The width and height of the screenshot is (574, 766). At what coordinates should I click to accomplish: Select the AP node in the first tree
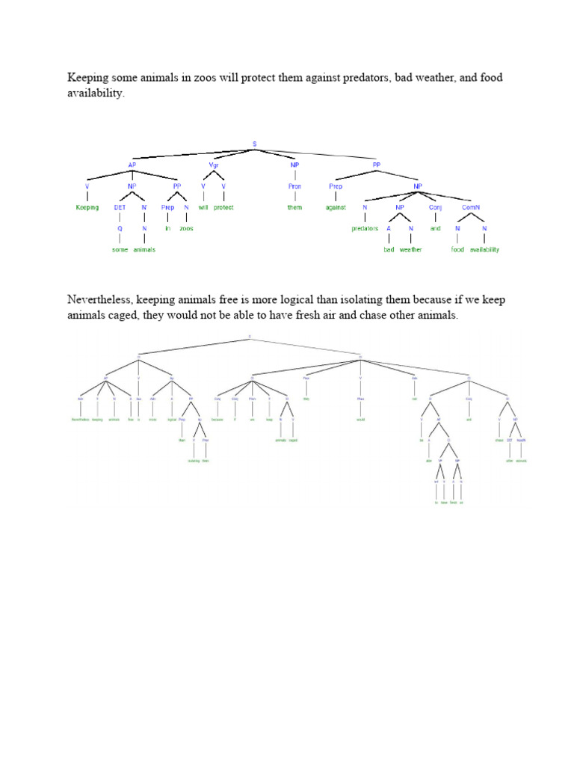(x=132, y=165)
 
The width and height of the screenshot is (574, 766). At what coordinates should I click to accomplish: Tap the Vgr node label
(x=213, y=165)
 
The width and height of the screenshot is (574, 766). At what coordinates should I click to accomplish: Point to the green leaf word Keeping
(x=87, y=207)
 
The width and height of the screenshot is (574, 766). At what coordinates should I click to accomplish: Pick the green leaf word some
(x=120, y=249)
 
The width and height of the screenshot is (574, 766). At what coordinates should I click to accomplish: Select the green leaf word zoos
(x=186, y=228)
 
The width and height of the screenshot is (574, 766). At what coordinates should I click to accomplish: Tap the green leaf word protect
(x=223, y=207)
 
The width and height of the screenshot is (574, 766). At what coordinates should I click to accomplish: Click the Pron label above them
(x=294, y=186)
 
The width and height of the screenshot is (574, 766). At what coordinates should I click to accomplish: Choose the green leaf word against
(x=336, y=207)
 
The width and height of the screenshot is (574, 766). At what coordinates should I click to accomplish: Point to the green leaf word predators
(x=365, y=228)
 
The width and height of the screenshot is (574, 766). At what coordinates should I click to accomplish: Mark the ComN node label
(x=470, y=207)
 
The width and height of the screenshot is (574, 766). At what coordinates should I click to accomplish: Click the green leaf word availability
(x=484, y=249)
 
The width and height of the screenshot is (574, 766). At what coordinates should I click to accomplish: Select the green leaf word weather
(x=410, y=249)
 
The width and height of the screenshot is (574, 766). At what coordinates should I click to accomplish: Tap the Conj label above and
(x=436, y=207)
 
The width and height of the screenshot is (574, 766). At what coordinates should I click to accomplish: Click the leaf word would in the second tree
(x=359, y=420)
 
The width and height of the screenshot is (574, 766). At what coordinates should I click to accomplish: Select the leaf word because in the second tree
(x=217, y=420)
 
